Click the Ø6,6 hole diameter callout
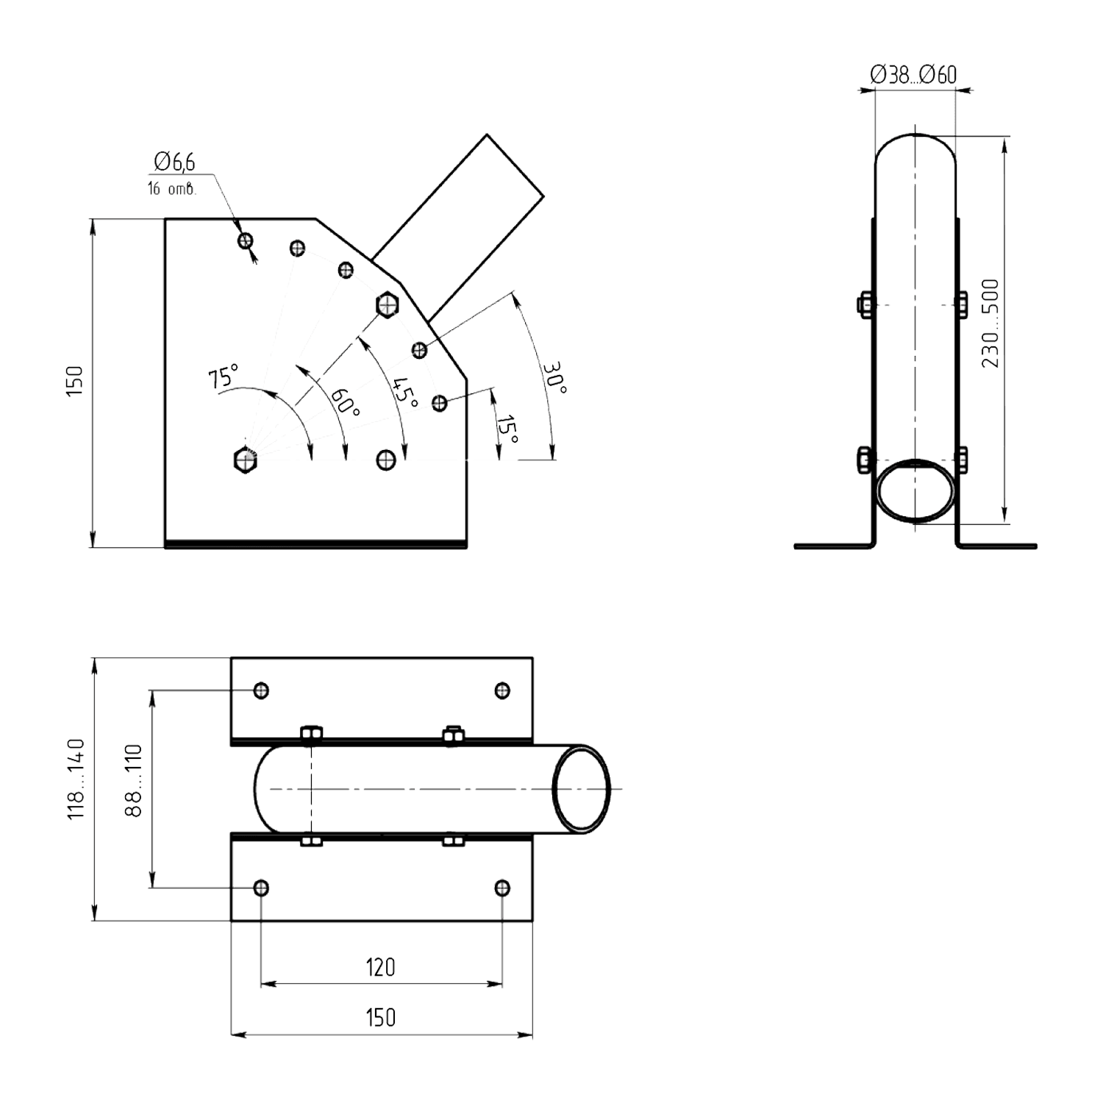174,162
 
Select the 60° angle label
344,402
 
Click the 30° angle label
555,378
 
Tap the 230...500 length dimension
990,324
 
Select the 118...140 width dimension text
76,780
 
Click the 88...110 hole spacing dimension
132,780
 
